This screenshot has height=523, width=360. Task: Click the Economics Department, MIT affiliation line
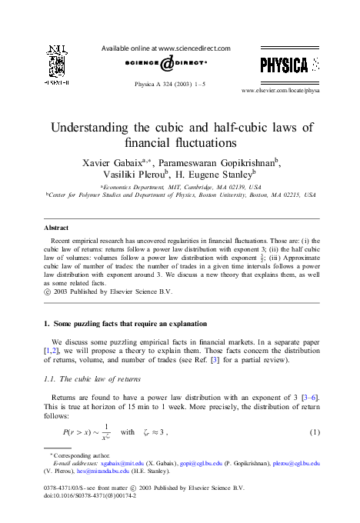[x=180, y=188]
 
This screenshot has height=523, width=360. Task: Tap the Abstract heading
[x=55, y=228]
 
